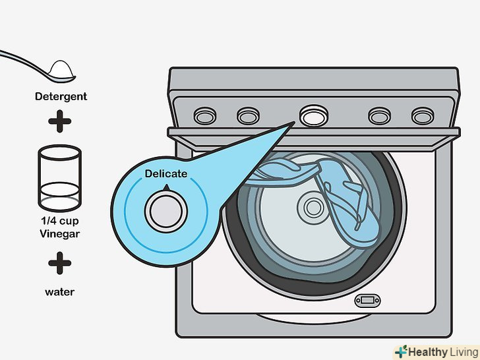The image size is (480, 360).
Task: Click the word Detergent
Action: coord(61,97)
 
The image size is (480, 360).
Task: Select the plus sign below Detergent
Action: coord(61,121)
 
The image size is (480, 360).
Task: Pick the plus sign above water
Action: coord(61,264)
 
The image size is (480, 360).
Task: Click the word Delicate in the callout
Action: coord(166,174)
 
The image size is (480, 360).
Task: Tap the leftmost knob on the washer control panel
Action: coord(204,117)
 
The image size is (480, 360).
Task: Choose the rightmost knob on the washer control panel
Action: coord(422,117)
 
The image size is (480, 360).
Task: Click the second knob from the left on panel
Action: coord(248,117)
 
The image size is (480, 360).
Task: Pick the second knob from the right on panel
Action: coord(379,117)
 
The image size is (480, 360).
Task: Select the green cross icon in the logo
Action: coord(402,351)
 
